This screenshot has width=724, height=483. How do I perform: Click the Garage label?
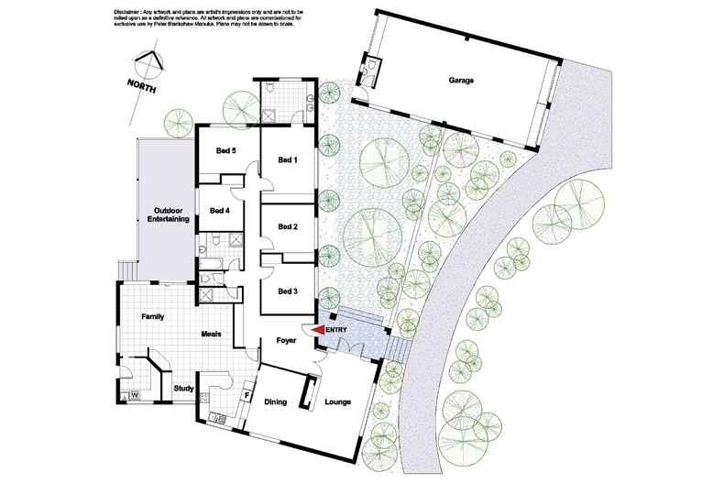click(460, 81)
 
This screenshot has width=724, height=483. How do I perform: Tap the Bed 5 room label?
click(226, 151)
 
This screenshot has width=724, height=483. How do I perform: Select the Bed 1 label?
click(288, 159)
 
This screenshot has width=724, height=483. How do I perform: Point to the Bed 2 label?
click(288, 226)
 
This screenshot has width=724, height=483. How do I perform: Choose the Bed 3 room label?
click(288, 291)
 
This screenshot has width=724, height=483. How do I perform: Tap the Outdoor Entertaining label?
click(169, 214)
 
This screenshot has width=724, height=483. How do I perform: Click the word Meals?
click(212, 334)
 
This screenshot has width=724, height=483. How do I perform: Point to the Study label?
click(183, 389)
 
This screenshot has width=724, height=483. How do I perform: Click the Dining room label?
click(276, 401)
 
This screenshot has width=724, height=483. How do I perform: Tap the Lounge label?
click(336, 401)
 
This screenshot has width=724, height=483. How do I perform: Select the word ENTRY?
click(337, 331)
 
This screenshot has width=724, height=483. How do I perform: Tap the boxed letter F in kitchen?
click(247, 396)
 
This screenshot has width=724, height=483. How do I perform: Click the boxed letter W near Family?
click(134, 395)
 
